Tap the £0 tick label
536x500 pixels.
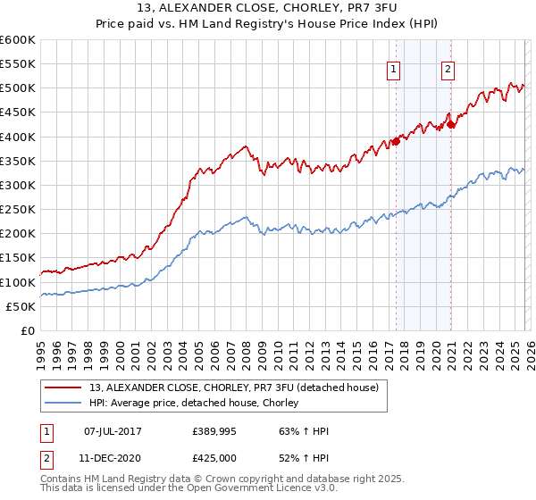[27, 330]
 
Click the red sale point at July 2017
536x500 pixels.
[396, 141]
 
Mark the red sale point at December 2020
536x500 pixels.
[451, 124]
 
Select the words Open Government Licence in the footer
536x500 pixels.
[239, 489]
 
